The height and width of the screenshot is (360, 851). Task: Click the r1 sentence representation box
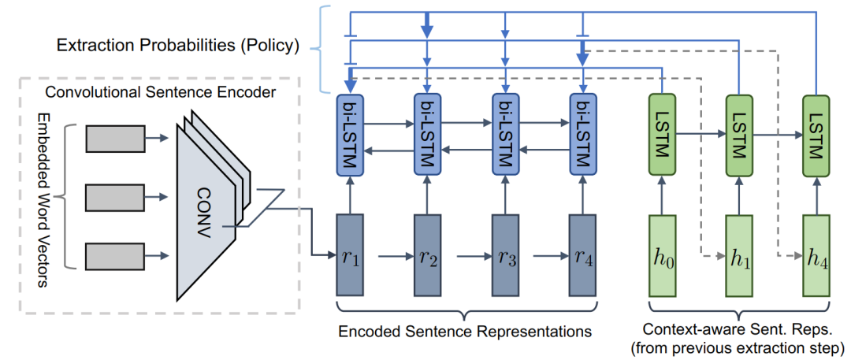tap(350, 255)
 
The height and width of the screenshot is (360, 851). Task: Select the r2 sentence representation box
tap(427, 255)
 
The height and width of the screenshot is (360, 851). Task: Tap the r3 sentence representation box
tap(505, 255)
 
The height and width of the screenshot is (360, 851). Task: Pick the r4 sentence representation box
tap(582, 255)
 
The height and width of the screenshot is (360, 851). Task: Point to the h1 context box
tap(738, 255)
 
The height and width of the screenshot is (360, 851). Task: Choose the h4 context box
tap(816, 255)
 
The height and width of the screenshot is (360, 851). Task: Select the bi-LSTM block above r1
tap(350, 134)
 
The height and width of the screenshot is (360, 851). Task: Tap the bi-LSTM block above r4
tap(582, 134)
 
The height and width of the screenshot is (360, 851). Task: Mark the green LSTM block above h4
tap(816, 134)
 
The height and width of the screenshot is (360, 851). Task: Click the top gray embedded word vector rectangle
tap(114, 139)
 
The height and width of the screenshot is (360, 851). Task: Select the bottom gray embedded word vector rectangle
tap(114, 255)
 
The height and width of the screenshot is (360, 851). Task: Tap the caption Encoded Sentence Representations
tap(465, 331)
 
